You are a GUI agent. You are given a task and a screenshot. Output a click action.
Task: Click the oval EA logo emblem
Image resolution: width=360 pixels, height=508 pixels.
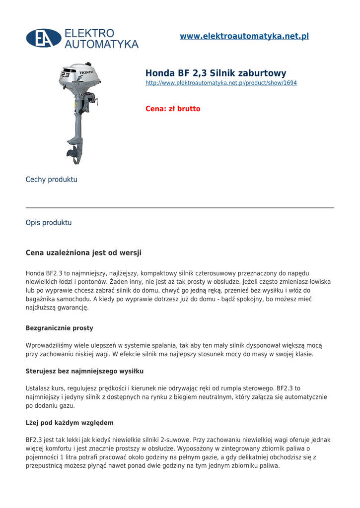pyautogui.click(x=44, y=38)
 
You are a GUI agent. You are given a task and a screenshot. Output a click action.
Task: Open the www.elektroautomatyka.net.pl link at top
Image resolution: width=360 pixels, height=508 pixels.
pyautogui.click(x=244, y=36)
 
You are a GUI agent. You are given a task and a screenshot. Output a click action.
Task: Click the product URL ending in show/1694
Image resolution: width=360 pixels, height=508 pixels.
pyautogui.click(x=221, y=83)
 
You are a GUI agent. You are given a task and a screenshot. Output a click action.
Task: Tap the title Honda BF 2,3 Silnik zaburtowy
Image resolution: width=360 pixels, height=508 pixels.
pyautogui.click(x=216, y=73)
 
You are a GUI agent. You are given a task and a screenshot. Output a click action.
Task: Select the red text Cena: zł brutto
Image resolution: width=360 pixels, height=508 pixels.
pyautogui.click(x=173, y=109)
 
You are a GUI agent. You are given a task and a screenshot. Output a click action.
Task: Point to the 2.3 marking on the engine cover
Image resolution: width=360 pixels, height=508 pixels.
pyautogui.click(x=65, y=75)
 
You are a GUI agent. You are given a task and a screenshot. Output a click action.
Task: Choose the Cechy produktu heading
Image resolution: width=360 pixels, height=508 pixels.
pyautogui.click(x=51, y=180)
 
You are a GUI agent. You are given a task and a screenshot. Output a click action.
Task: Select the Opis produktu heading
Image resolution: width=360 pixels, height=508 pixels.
pyautogui.click(x=49, y=223)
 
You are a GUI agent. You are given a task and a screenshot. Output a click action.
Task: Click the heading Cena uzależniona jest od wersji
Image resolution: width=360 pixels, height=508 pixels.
pyautogui.click(x=83, y=253)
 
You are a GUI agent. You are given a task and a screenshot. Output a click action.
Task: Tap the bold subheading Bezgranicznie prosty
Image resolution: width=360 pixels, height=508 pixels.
pyautogui.click(x=59, y=328)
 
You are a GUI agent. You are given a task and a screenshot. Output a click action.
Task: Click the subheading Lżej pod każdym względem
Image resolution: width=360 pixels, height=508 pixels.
pyautogui.click(x=70, y=423)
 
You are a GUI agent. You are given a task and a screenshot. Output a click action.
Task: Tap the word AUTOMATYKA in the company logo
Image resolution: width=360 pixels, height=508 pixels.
pyautogui.click(x=102, y=44)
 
